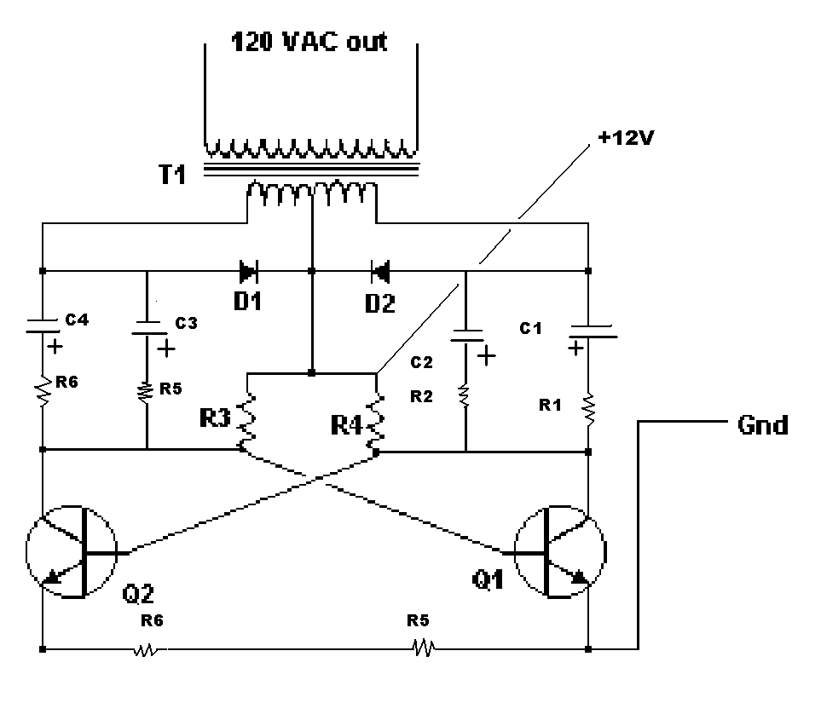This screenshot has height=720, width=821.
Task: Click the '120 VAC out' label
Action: (309, 42)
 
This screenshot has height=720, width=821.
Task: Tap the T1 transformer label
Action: (172, 174)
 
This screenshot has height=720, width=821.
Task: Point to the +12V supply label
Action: (627, 138)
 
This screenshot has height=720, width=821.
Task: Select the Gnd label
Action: (762, 425)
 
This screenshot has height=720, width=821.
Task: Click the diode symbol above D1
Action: (248, 271)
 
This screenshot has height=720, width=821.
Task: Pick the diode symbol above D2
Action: (380, 271)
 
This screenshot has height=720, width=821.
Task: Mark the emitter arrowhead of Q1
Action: (580, 576)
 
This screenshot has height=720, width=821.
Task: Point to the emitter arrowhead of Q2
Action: (51, 577)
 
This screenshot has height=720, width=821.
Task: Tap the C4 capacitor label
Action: (77, 320)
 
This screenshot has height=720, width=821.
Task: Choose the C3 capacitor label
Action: (186, 324)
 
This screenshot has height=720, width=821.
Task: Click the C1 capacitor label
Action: (530, 328)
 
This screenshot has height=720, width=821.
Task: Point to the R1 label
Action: (550, 405)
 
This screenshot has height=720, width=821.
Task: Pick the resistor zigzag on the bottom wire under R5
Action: (423, 648)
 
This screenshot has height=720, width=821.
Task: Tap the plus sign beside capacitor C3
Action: (166, 348)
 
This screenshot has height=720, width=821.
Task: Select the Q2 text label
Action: (138, 594)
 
